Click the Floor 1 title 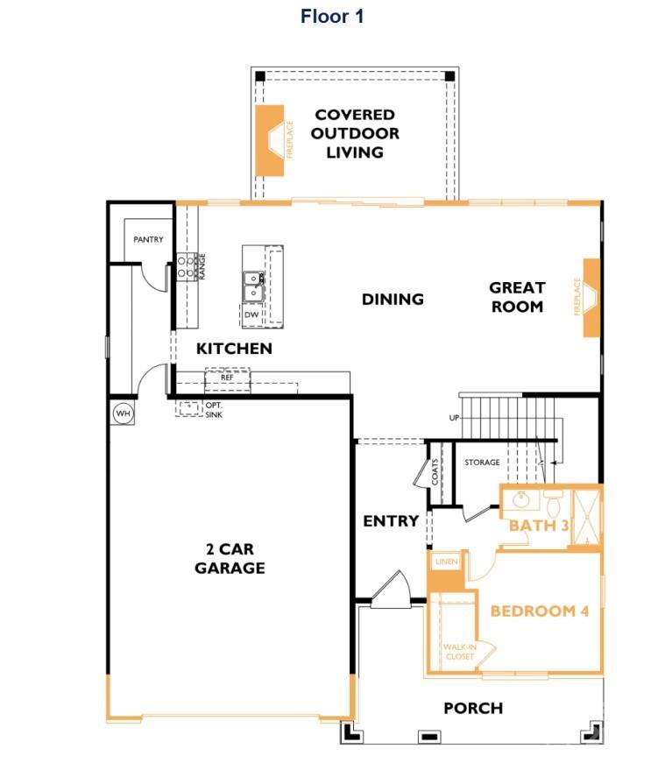pos(332,16)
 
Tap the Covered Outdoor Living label pos(355,133)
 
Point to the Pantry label pos(148,239)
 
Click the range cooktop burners pos(186,266)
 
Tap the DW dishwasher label pos(251,314)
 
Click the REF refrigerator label pos(227,377)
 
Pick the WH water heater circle pos(122,413)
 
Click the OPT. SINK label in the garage pos(214,409)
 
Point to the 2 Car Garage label pos(230,559)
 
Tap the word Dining pos(393,300)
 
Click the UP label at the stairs pos(454,418)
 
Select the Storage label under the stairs pos(482,463)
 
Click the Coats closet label pos(435,473)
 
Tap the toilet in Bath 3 pos(553,505)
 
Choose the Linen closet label pos(446,562)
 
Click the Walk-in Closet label pos(458,651)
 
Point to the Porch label pos(473,708)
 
